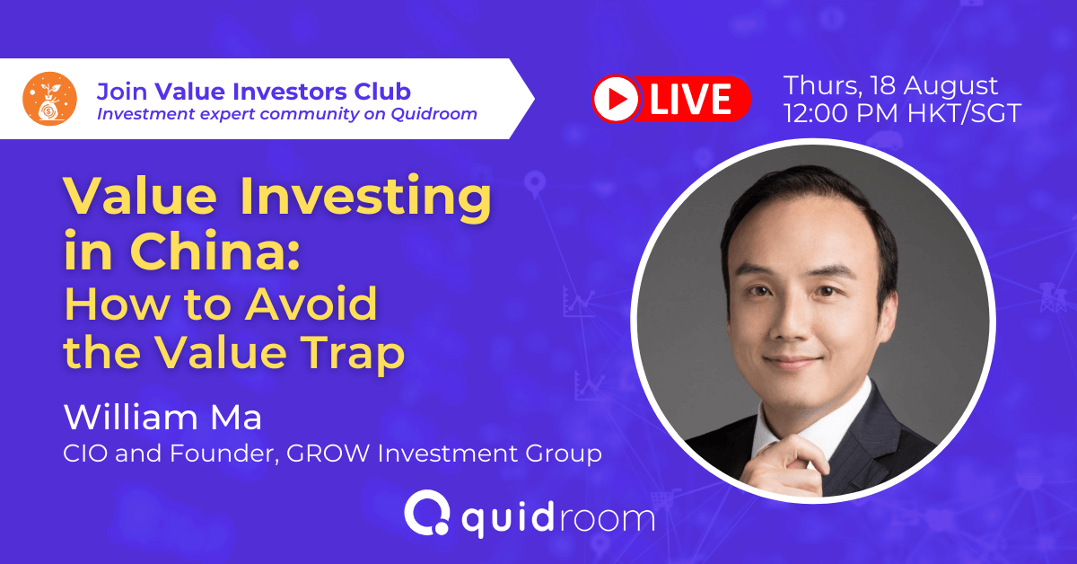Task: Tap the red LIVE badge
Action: coord(670,99)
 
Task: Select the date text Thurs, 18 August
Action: coord(890,86)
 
